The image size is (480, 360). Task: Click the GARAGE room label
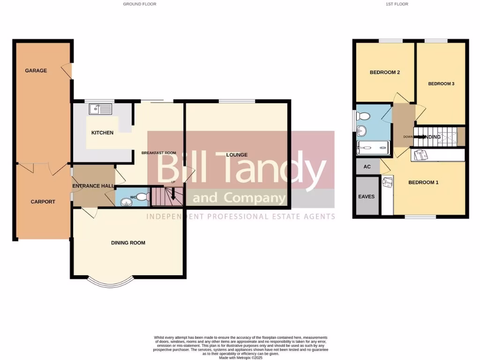click(36, 71)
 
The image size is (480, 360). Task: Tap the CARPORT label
click(43, 202)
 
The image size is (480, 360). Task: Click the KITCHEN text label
click(102, 133)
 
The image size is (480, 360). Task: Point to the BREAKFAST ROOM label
click(159, 153)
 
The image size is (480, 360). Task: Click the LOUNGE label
click(237, 155)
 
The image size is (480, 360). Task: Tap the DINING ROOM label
click(128, 243)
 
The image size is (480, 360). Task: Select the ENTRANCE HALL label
click(93, 186)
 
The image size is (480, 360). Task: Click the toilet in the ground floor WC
click(143, 197)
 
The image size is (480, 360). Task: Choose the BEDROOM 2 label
click(384, 73)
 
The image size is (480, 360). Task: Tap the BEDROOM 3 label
click(441, 84)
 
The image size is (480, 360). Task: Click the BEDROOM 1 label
click(423, 182)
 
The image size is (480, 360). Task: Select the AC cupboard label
click(367, 167)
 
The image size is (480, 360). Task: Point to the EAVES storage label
click(367, 196)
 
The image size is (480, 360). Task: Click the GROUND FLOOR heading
click(140, 4)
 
